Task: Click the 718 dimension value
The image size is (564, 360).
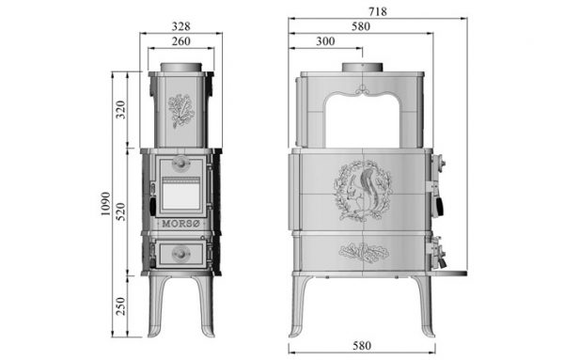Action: click(x=378, y=12)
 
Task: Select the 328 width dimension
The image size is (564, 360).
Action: click(x=180, y=26)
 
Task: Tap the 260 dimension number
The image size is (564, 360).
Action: click(x=180, y=41)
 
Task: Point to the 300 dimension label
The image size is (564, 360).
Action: click(x=325, y=41)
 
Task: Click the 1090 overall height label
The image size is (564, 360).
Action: click(x=105, y=204)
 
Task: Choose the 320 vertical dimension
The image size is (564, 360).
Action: click(x=121, y=110)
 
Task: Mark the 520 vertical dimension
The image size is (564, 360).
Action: click(x=121, y=211)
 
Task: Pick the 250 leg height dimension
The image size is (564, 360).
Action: click(x=121, y=306)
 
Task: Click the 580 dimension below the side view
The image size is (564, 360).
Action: click(x=362, y=346)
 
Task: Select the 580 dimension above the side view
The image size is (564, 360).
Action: click(x=361, y=26)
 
